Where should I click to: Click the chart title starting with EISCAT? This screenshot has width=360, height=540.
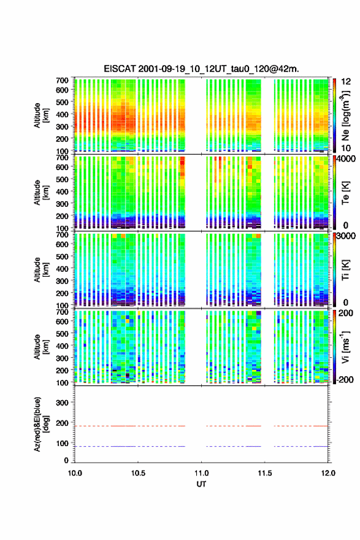pos(201,69)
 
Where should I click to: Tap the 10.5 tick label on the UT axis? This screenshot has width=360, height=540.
pos(138,473)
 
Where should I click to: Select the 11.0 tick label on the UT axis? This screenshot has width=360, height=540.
pos(201,473)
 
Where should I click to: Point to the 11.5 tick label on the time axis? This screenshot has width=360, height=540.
pos(265,473)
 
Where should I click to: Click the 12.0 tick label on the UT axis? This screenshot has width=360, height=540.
pos(328,473)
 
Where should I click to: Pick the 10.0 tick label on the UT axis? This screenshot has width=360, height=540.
pos(75,473)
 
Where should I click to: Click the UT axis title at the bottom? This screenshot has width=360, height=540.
pos(201,484)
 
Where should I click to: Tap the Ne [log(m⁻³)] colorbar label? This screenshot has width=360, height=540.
pos(345,116)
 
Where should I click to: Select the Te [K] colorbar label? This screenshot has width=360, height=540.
pos(345,193)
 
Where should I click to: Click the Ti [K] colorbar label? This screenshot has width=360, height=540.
pos(345,270)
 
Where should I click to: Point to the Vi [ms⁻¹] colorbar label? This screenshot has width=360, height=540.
pos(345,347)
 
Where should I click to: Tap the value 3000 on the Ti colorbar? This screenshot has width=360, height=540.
pos(347,236)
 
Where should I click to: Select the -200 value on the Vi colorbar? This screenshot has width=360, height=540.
pos(345,379)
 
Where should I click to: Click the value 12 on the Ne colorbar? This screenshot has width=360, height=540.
pos(347,82)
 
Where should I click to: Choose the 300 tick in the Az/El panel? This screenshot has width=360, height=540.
pos(62,403)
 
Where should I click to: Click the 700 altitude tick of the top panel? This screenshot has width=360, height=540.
pos(62,80)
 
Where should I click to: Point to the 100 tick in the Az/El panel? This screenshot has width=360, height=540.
pos(62,443)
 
